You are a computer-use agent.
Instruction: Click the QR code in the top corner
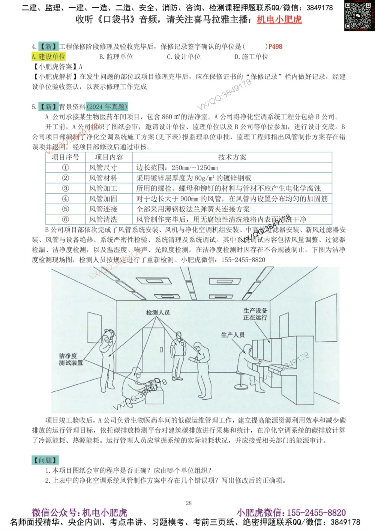tap(359, 16)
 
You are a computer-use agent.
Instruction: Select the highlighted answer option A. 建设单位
tap(48, 57)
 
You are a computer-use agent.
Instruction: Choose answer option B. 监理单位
tap(116, 57)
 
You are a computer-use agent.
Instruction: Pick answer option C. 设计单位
tap(184, 57)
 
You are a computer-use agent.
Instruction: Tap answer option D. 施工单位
tap(251, 57)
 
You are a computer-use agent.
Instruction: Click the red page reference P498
tap(275, 46)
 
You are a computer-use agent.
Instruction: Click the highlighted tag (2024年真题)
tap(107, 107)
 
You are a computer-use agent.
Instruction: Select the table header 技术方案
tap(232, 157)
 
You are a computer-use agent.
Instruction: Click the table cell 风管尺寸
tap(103, 168)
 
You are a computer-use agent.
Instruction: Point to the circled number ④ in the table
tap(65, 199)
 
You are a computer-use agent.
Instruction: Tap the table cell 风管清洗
tap(103, 219)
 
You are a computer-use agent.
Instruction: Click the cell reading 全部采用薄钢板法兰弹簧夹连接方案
tap(193, 209)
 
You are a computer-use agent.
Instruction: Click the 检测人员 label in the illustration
tap(158, 312)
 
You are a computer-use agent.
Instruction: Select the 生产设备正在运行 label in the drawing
tap(255, 314)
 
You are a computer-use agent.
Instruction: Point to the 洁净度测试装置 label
tap(71, 359)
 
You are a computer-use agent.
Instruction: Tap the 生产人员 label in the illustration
tap(232, 334)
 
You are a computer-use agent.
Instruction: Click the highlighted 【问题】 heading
tap(45, 460)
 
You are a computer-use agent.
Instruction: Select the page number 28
tap(189, 503)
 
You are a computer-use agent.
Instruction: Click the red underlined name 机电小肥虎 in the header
tap(279, 19)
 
